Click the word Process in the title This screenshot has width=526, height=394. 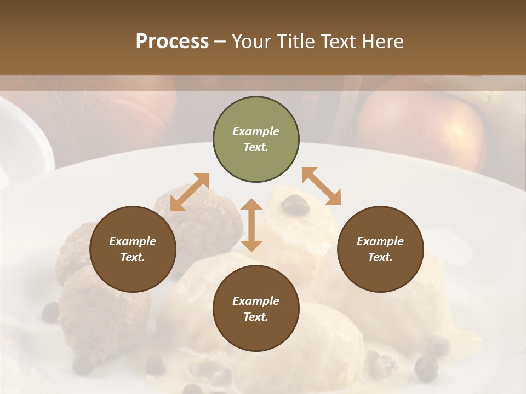point(172,42)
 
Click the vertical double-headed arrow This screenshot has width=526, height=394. point(251,225)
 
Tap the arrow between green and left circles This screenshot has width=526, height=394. point(190,192)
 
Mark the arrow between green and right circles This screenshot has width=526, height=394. point(321,186)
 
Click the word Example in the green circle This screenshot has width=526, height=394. point(256,131)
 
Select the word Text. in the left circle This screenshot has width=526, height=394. point(133,257)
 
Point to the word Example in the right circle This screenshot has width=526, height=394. point(380,241)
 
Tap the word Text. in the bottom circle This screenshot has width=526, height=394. point(256,317)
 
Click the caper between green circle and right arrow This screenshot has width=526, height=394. point(295,205)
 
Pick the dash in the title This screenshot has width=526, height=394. point(220,42)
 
